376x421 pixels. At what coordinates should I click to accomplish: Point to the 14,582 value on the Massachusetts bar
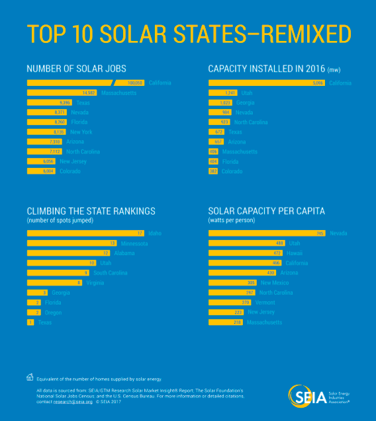tap(86, 93)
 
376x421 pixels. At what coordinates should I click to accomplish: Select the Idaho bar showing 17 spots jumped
tap(85, 233)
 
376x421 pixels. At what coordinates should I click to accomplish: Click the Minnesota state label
tap(134, 243)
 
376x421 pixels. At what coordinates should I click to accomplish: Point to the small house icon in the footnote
tap(30, 378)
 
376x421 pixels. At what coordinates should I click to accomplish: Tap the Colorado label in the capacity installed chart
tap(232, 171)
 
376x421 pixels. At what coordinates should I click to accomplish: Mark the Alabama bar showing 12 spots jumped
tap(68, 253)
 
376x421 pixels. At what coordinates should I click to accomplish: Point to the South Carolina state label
tap(110, 272)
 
